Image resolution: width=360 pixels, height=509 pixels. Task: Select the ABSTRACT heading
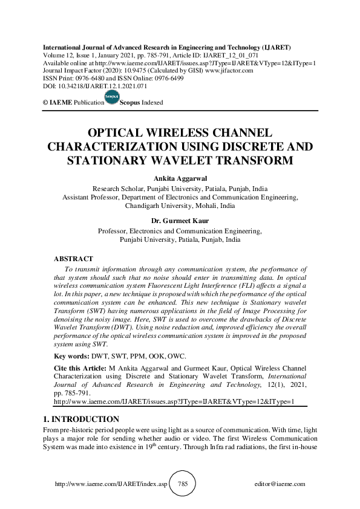(x=74, y=258)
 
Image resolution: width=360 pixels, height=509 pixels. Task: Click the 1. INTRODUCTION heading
(x=81, y=419)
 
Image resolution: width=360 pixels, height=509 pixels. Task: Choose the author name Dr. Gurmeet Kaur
(x=180, y=221)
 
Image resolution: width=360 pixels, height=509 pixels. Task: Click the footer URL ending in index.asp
(x=110, y=484)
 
